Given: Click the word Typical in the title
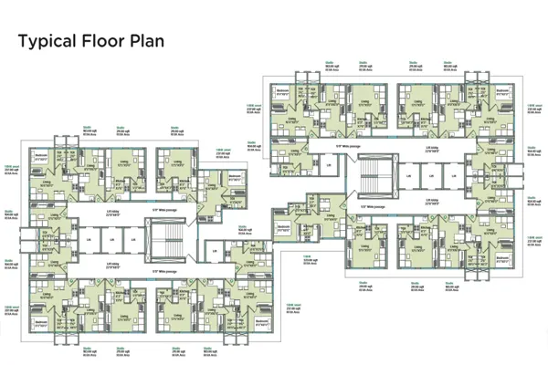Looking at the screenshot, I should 46,42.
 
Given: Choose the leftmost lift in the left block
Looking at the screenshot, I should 89,240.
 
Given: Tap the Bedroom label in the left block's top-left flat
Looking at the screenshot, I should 40,155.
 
